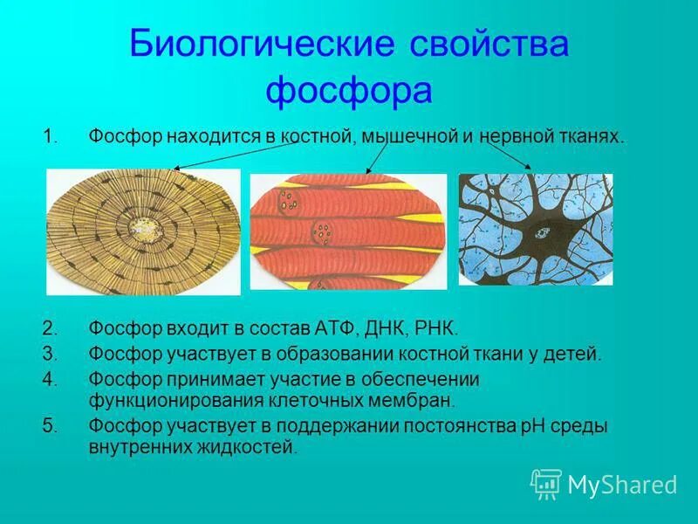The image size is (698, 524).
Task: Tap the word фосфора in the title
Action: coord(349,89)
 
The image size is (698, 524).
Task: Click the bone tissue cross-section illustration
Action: coord(143,231)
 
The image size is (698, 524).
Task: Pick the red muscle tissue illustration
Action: coord(348,231)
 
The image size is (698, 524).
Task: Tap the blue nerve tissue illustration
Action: coord(535,229)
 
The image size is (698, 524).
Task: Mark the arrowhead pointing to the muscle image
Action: coord(367,171)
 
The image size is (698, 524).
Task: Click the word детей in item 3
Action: coord(577,355)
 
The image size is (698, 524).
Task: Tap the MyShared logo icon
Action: coord(545,484)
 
